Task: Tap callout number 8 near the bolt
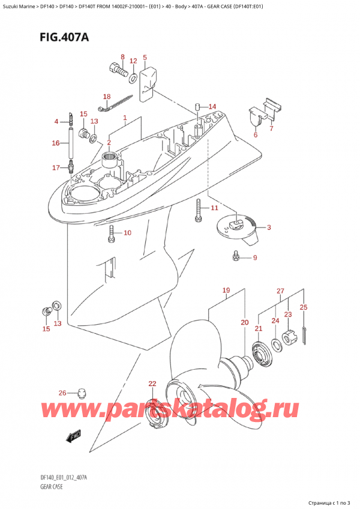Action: (x=122, y=58)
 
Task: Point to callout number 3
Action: (x=269, y=227)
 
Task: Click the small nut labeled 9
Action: (x=236, y=258)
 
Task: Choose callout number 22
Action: (x=152, y=384)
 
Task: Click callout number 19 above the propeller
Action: (x=226, y=291)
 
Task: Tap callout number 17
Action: (x=56, y=167)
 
